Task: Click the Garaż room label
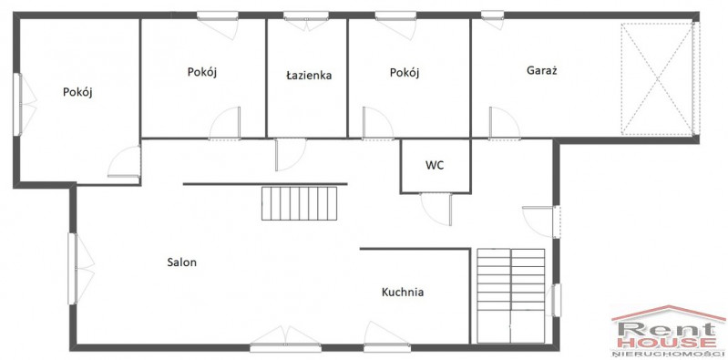[x=542, y=71]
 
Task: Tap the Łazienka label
[x=308, y=76]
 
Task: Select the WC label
[x=435, y=165]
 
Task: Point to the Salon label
[x=182, y=262]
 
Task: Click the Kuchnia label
[x=403, y=293]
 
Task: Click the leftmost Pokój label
[x=78, y=92]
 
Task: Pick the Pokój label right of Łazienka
[x=405, y=73]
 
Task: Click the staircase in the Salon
[x=299, y=203]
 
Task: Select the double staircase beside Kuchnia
[x=511, y=296]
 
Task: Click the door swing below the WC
[x=437, y=210]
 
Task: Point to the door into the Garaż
[x=504, y=123]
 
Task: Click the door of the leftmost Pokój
[x=125, y=161]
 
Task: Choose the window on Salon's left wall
[x=73, y=269]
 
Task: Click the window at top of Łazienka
[x=305, y=15]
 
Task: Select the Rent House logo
[x=669, y=332]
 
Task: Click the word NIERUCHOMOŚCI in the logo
[x=669, y=355]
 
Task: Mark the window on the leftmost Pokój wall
[x=17, y=105]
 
